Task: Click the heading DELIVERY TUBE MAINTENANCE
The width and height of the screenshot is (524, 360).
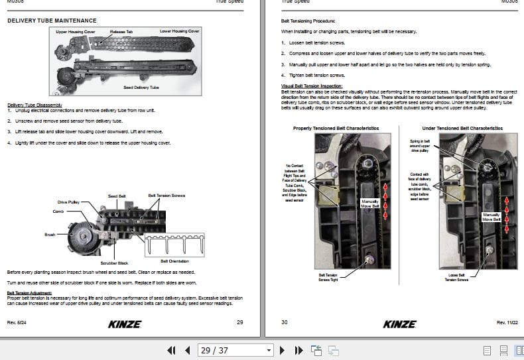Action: click(x=51, y=21)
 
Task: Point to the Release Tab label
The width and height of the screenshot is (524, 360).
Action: click(x=121, y=32)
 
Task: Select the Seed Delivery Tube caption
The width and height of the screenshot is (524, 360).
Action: click(x=141, y=88)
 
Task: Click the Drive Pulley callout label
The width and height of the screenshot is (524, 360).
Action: click(x=69, y=202)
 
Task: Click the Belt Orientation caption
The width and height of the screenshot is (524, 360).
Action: click(x=174, y=261)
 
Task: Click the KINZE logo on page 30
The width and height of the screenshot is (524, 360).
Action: click(x=399, y=324)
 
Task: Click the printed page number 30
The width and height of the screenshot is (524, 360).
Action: click(x=285, y=322)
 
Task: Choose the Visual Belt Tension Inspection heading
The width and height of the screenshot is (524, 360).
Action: click(x=311, y=86)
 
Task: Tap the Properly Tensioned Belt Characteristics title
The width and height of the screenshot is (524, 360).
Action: click(x=336, y=127)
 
